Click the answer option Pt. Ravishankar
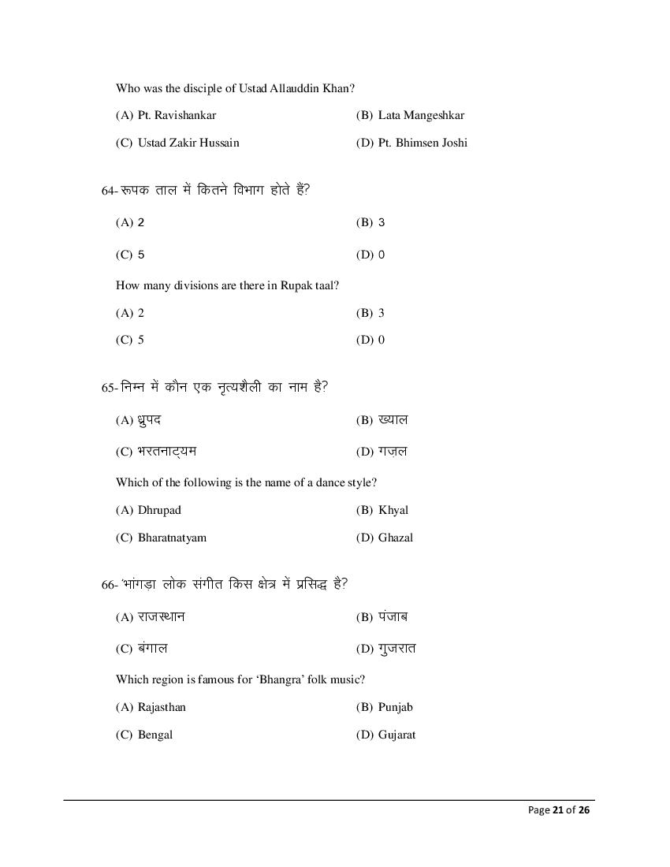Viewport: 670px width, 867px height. pyautogui.click(x=177, y=115)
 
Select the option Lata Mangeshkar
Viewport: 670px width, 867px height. pyautogui.click(x=421, y=115)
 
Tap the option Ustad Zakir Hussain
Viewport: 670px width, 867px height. pyautogui.click(x=188, y=143)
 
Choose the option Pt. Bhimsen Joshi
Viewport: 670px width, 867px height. pyautogui.click(x=422, y=143)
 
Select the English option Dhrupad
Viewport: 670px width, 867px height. pyautogui.click(x=159, y=510)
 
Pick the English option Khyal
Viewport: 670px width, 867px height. pyautogui.click(x=393, y=510)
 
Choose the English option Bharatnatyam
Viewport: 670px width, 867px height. pyautogui.click(x=172, y=538)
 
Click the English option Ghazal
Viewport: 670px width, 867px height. pyautogui.click(x=396, y=538)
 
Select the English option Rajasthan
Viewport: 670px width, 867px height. pyautogui.click(x=162, y=707)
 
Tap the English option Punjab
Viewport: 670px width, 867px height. pyautogui.click(x=396, y=707)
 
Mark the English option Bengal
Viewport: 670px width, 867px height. pyautogui.click(x=155, y=735)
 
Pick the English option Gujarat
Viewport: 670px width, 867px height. pyautogui.click(x=396, y=735)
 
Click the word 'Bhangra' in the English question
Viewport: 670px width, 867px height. pyautogui.click(x=275, y=679)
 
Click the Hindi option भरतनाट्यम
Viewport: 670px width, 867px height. pyautogui.click(x=167, y=452)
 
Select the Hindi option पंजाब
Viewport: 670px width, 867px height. pyautogui.click(x=393, y=616)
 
